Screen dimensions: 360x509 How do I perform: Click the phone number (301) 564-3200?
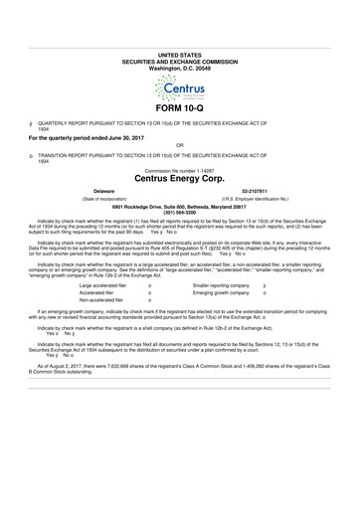179,210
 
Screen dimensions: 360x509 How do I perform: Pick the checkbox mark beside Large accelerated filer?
148,257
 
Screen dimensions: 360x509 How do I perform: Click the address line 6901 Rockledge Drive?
179,204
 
